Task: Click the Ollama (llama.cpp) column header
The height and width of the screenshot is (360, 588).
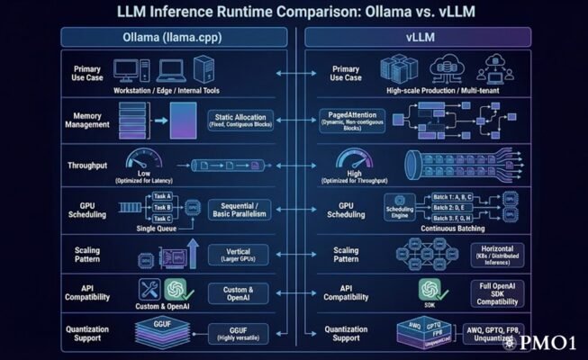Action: click(x=174, y=37)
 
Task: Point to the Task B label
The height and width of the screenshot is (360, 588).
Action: click(x=163, y=207)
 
